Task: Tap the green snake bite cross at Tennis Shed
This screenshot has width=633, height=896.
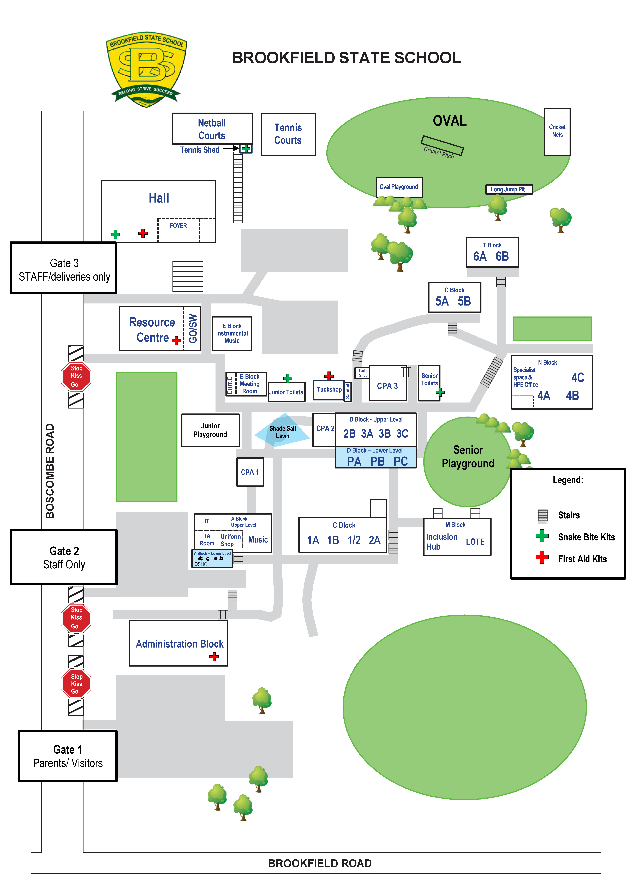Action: tap(246, 149)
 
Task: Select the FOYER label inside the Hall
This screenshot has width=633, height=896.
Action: tap(178, 225)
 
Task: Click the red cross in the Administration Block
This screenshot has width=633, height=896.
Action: tap(214, 657)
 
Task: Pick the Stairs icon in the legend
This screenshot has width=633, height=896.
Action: tap(542, 515)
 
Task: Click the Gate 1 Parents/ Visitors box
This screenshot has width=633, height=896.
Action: tap(68, 756)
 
